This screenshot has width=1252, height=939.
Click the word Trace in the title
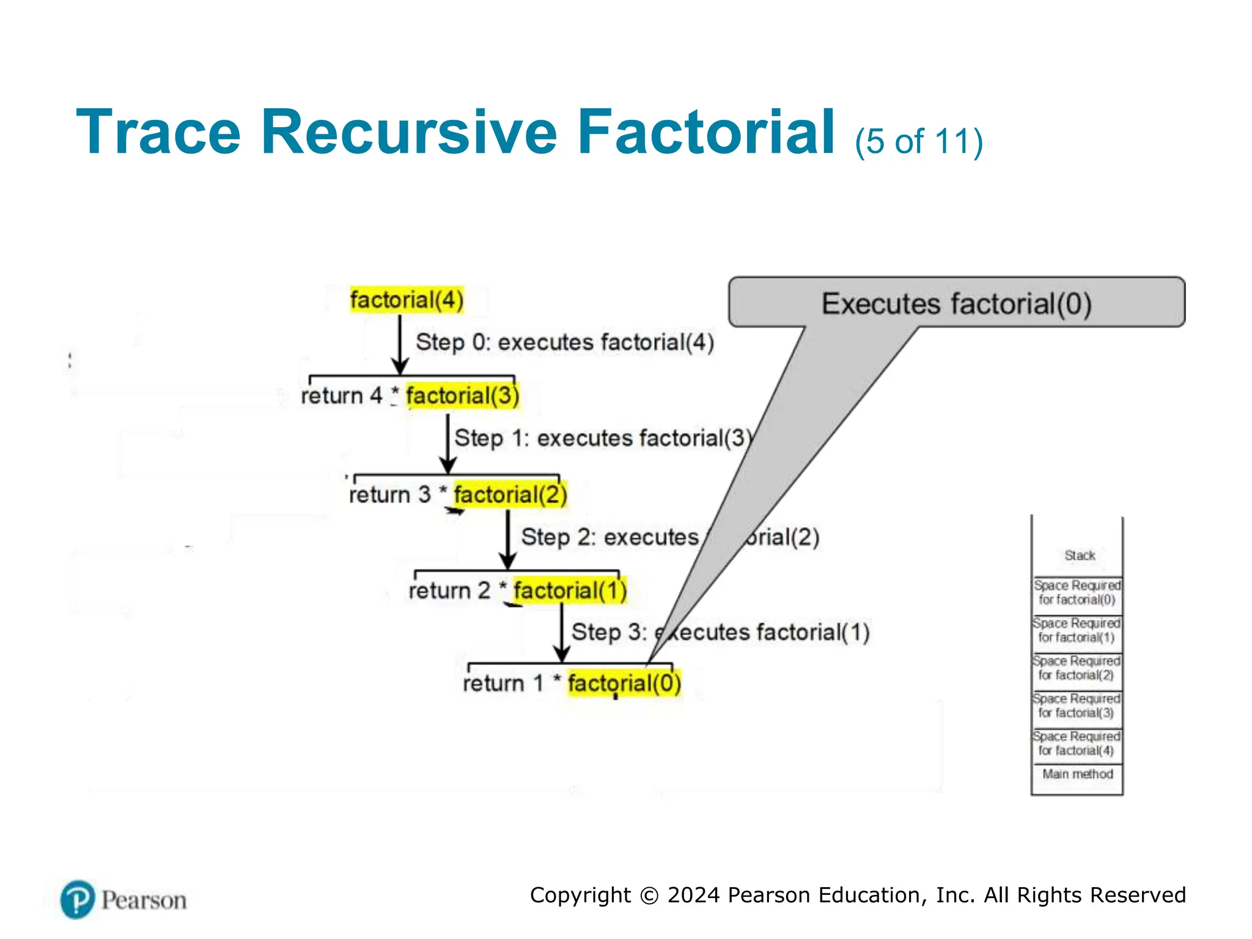tap(158, 132)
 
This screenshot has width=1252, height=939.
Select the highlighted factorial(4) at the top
tap(407, 300)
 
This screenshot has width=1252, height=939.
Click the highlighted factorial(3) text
tap(462, 396)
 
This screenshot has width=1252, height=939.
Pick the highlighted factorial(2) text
tap(510, 494)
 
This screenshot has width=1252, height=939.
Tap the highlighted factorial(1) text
tap(570, 591)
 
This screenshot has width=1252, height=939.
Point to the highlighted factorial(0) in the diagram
tap(624, 683)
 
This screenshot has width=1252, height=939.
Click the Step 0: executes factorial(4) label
tap(565, 342)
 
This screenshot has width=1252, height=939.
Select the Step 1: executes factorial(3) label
tap(603, 438)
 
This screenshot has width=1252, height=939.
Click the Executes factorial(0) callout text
tap(956, 304)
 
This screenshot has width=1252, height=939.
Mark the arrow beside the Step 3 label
tap(562, 633)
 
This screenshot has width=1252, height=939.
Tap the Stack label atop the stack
tap(1079, 555)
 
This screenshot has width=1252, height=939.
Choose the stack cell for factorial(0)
tap(1077, 593)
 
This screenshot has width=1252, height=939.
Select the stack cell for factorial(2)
tap(1077, 668)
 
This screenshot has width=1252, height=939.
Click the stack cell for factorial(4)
tap(1077, 743)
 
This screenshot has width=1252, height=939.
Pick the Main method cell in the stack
tap(1077, 774)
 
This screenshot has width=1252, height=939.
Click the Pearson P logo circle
tap(78, 899)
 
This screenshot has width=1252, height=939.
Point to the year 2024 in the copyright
tap(693, 895)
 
